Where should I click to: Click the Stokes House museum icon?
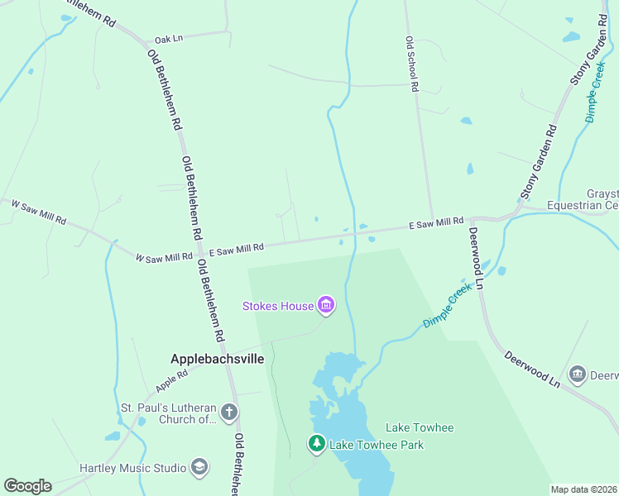coord(326,307)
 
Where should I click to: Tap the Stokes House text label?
coord(278,307)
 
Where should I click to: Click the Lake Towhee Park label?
coord(377,445)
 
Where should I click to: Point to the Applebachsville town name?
coord(217,360)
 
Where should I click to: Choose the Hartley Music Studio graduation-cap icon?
coord(199,468)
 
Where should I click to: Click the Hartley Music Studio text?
coord(132,468)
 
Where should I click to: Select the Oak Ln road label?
coord(168,40)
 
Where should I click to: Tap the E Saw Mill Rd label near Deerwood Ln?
coord(436,222)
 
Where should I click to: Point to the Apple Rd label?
coord(171,379)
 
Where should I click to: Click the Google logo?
coord(27,486)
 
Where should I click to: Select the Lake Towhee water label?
coord(420,427)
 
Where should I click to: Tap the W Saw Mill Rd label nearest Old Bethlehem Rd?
coord(165,258)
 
